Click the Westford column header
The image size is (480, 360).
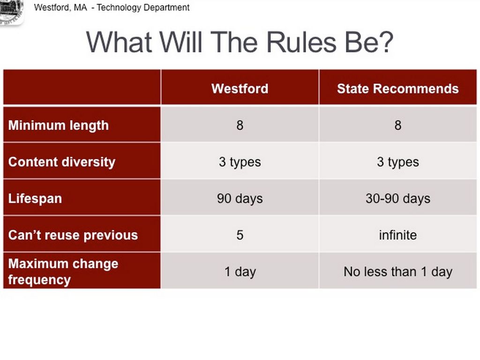(240, 89)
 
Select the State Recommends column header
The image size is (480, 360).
(397, 89)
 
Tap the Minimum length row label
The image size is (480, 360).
(59, 126)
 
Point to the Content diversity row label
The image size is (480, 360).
(62, 162)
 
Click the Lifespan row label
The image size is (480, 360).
(35, 199)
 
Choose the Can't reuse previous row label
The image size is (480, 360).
(73, 235)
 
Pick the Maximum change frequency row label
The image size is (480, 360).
(63, 271)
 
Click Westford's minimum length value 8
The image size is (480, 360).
(240, 125)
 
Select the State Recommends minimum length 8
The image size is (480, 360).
(397, 125)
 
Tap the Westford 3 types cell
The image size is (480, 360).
(240, 162)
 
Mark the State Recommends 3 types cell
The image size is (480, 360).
(397, 162)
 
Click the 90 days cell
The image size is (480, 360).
(240, 199)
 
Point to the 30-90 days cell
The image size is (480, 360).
(397, 199)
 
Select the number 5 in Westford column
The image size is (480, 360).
(240, 235)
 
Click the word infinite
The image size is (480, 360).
(397, 235)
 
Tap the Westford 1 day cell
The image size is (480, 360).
(240, 272)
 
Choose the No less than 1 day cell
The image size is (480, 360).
(397, 272)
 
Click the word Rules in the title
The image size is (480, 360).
(301, 42)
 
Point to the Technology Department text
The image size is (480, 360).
(143, 7)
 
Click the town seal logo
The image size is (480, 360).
(11, 12)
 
